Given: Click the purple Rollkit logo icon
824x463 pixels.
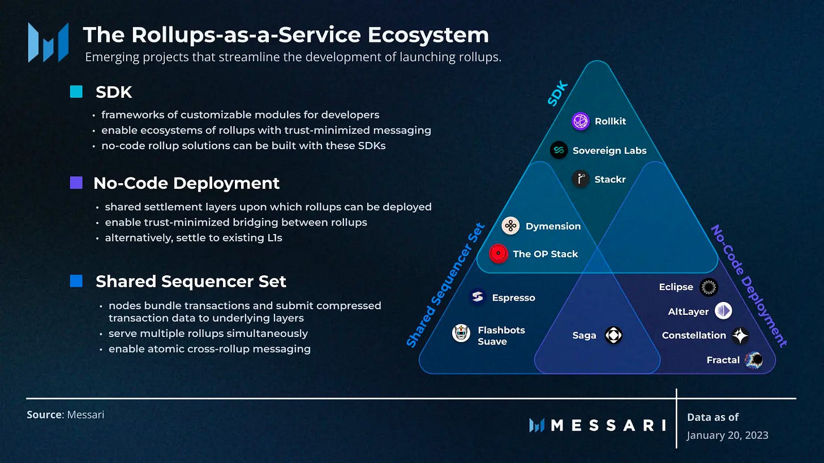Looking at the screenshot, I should (581, 121).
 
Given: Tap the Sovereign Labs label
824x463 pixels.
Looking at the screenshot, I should (609, 150).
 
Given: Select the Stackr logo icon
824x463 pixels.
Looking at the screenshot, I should (580, 180).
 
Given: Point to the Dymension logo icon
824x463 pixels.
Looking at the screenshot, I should (510, 226).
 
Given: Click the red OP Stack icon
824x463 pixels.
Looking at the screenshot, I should (499, 254).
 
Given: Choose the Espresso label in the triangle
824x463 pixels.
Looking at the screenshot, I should (513, 298).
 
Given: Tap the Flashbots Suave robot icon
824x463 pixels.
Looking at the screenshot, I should (462, 334).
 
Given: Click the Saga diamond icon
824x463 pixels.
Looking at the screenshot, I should (613, 335).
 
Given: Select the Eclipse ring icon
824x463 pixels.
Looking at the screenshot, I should (709, 287).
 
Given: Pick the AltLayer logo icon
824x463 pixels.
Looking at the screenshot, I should (723, 311).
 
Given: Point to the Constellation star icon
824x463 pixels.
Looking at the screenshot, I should (740, 336).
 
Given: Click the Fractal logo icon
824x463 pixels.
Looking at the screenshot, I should (754, 360).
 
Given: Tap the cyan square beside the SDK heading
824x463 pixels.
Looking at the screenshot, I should (76, 92).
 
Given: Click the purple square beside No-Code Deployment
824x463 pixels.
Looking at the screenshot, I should (76, 183).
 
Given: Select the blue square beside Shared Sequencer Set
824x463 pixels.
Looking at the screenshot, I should (76, 281).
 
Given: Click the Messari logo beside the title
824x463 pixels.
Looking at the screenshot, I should (48, 42).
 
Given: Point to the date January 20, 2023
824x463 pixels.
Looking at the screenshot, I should (727, 435).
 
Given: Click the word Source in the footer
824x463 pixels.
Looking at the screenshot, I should (44, 414).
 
